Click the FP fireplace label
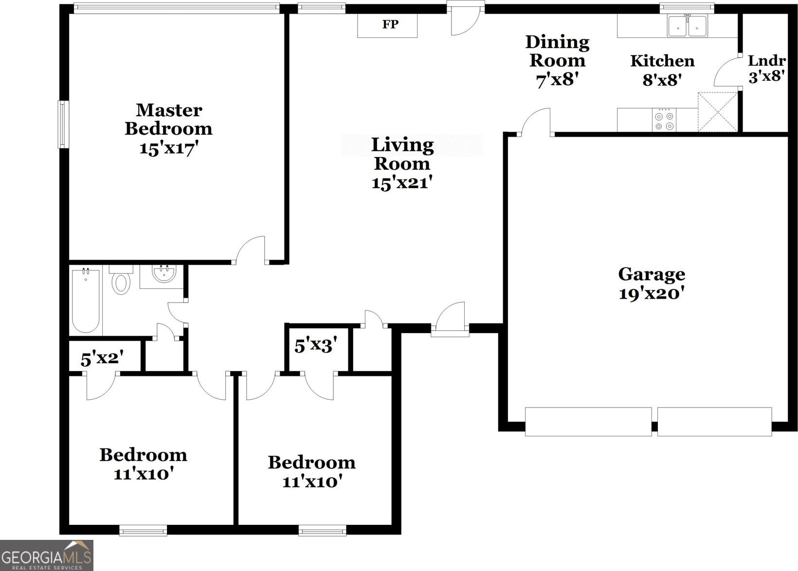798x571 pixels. click(390, 24)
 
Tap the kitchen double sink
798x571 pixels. click(687, 25)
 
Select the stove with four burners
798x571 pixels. click(664, 120)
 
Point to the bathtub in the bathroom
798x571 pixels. click(86, 301)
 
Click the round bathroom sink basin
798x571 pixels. click(164, 274)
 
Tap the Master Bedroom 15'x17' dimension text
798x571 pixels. click(168, 148)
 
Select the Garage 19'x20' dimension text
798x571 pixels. click(652, 294)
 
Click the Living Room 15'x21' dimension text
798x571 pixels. click(402, 183)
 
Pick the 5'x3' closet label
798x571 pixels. click(316, 345)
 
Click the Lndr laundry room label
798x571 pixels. click(767, 60)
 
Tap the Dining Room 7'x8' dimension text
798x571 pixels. click(557, 80)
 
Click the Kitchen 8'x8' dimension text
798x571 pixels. click(662, 80)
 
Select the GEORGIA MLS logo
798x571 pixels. click(47, 555)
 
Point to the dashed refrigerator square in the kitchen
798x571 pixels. click(718, 112)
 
